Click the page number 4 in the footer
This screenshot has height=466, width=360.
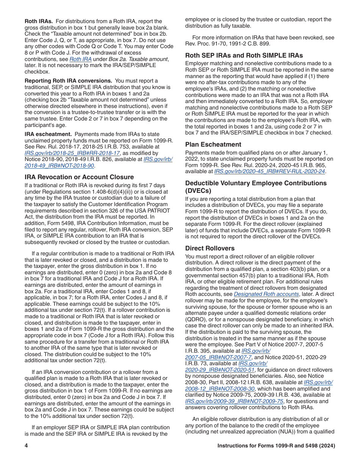[x=27, y=446]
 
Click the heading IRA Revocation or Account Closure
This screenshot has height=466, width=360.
[x=79, y=177]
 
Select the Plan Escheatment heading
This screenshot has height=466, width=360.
[x=213, y=144]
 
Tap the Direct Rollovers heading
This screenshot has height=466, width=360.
[x=210, y=248]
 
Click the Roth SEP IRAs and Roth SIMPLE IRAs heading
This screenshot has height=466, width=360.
[x=244, y=55]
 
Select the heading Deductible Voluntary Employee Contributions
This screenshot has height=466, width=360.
[x=256, y=183]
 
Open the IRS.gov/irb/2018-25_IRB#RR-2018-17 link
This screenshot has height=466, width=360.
[x=72, y=153]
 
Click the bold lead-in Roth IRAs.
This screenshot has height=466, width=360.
[x=39, y=21]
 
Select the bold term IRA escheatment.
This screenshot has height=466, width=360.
[x=48, y=134]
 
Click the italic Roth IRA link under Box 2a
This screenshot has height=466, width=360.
[x=80, y=59]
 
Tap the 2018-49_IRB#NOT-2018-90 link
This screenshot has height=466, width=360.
[x=59, y=166]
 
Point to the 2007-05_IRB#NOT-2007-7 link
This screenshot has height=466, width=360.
[x=218, y=357]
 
